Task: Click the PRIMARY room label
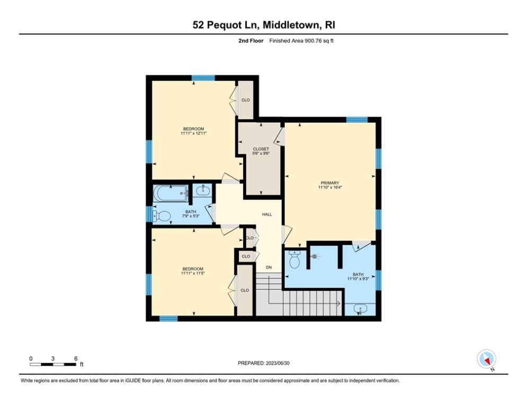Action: [x=330, y=183]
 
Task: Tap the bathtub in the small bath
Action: [x=171, y=193]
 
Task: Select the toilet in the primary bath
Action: [x=294, y=260]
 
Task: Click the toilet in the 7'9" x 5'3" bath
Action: [x=162, y=216]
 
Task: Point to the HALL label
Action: [x=267, y=214]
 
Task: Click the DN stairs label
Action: [x=269, y=268]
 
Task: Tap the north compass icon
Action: [x=486, y=359]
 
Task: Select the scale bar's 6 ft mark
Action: [x=76, y=359]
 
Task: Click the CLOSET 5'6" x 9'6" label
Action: [x=261, y=151]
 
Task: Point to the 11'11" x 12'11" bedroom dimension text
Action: [x=193, y=133]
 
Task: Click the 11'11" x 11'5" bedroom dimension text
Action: [x=193, y=273]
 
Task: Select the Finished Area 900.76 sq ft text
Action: [x=301, y=41]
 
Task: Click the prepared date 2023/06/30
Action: [x=278, y=363]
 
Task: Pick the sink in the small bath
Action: [x=203, y=190]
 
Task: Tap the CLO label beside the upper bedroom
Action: [x=246, y=100]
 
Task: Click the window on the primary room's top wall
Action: [x=357, y=119]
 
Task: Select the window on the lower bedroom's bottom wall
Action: [x=168, y=318]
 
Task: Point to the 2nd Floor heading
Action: [x=251, y=41]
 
